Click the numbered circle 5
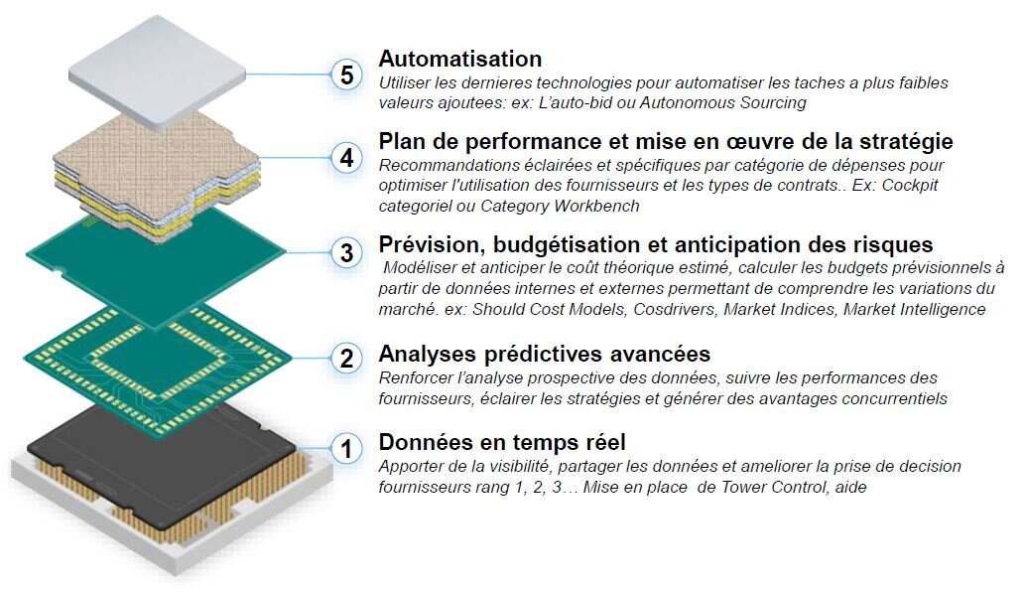[347, 74]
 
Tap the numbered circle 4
[347, 158]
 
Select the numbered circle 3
[347, 252]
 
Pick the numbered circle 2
[347, 358]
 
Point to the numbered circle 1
[347, 449]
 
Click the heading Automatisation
[460, 59]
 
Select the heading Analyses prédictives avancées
[545, 354]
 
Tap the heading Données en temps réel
[502, 442]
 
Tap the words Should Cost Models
[549, 309]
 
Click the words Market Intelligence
[914, 309]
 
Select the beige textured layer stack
[157, 177]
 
